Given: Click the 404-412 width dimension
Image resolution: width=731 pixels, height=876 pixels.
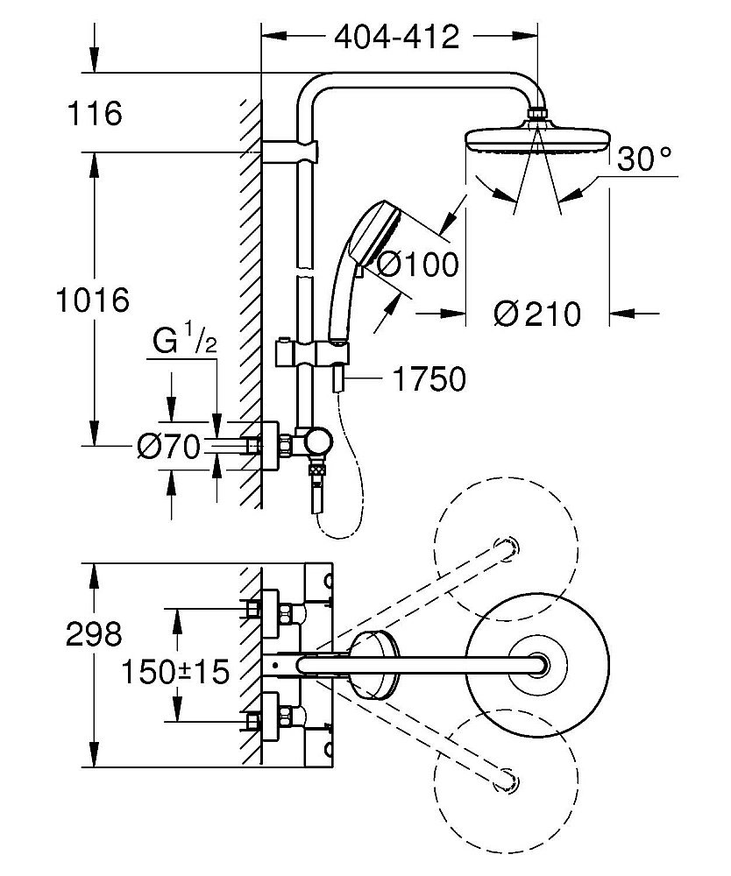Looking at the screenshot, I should pos(396,37).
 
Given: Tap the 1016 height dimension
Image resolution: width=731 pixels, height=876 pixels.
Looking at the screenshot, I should pos(91,300).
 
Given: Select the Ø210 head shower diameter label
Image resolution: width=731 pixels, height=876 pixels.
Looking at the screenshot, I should pos(536,313).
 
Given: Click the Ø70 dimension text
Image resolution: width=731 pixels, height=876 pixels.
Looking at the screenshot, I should pos(170,448).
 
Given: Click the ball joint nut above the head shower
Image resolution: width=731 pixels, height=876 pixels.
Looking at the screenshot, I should pos(537,114).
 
